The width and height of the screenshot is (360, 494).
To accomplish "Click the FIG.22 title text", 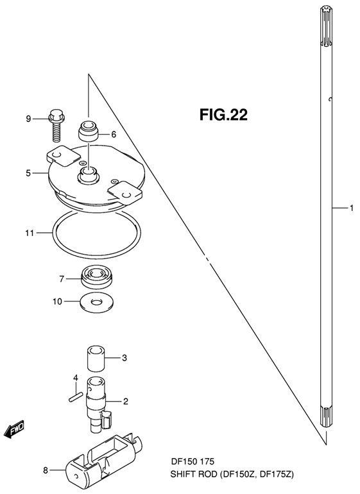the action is tap(223, 115).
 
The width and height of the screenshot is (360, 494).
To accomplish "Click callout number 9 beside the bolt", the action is tap(28, 119).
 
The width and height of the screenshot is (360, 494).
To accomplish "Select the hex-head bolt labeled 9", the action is tap(56, 125).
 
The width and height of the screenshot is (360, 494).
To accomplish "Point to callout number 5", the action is tap(28, 173).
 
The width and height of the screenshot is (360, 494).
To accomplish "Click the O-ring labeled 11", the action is tap(96, 233).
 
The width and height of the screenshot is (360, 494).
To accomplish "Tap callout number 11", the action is tap(30, 233).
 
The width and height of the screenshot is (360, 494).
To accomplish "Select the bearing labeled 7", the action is tap(97, 276).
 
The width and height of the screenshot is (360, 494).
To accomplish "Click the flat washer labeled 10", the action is tap(97, 302).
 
